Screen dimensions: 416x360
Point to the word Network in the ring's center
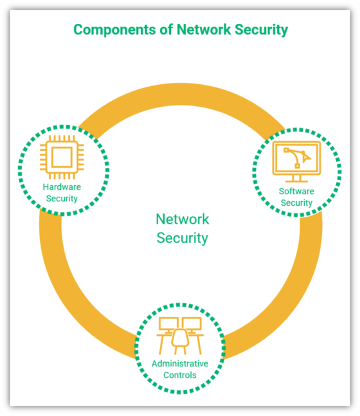182,219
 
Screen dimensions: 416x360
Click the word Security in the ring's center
182,238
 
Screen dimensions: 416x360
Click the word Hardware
62,187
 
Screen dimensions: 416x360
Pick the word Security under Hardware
62,199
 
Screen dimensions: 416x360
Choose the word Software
296,192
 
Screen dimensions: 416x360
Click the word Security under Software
296,203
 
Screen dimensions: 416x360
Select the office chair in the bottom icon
180,339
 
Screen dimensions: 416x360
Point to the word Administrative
180,364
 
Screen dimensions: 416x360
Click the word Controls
180,375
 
